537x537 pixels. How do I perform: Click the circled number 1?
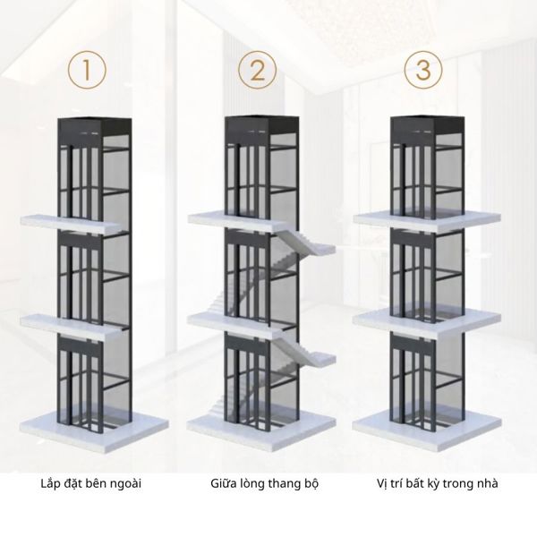tap(87, 70)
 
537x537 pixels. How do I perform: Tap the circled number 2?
tap(257, 70)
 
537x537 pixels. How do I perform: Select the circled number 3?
tap(423, 70)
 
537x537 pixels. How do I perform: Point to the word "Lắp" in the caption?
tap(49, 484)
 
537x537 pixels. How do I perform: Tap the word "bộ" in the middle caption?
tap(311, 484)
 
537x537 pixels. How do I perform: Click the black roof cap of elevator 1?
tap(95, 126)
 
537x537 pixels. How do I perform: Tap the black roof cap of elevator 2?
tap(261, 125)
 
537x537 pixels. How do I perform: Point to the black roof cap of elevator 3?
tap(428, 125)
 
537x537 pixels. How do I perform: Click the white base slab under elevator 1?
tap(94, 432)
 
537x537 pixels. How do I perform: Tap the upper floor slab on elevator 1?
tap(72, 224)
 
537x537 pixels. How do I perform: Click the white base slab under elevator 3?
tap(427, 431)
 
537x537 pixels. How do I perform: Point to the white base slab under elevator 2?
tap(261, 431)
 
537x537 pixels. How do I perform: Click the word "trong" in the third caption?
tap(456, 484)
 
